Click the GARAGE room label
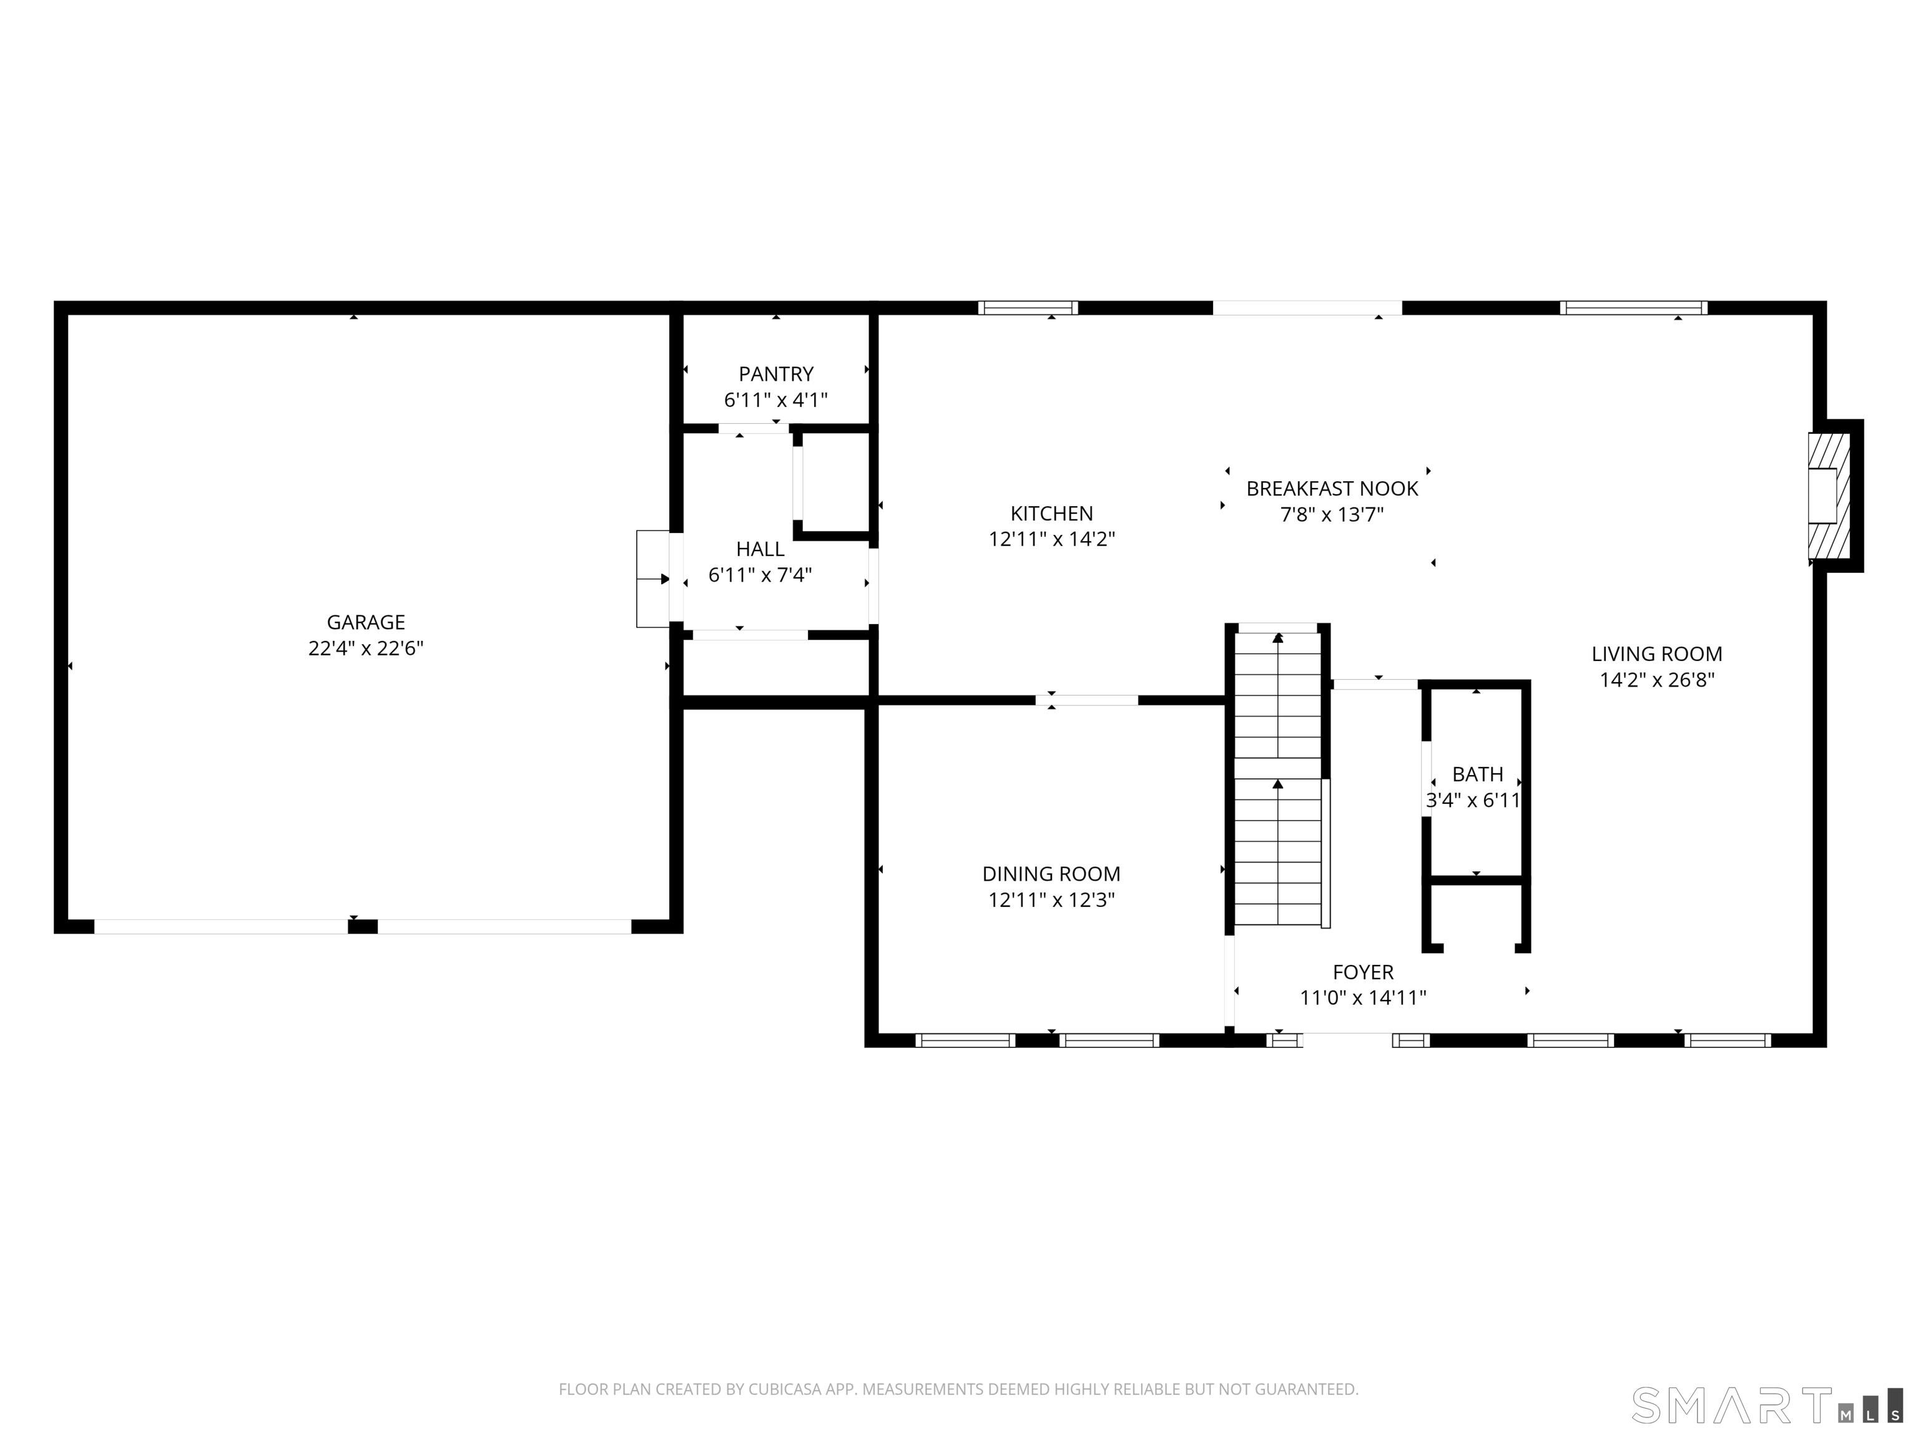366,622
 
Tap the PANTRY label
776,374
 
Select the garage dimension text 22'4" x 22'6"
366,648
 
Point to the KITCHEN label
1052,513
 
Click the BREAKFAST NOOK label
1332,488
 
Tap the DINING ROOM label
1051,874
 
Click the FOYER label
1363,972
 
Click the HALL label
760,549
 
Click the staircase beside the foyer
1278,775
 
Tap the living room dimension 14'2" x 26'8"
1657,680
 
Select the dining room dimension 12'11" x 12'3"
1051,900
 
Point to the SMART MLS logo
1767,1405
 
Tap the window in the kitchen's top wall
1028,308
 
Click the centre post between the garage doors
363,927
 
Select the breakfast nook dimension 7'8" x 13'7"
1332,514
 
